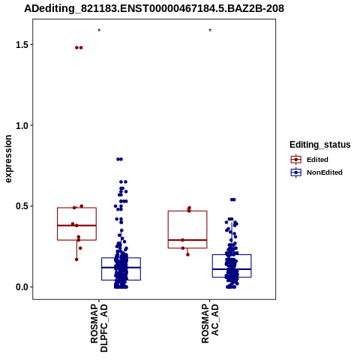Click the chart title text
pyautogui.click(x=154, y=8)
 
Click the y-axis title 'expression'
pyautogui.click(x=8, y=159)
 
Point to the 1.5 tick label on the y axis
pyautogui.click(x=21, y=45)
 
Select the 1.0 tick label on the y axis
pyautogui.click(x=21, y=125)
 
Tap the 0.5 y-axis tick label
pyautogui.click(x=21, y=206)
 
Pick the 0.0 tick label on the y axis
pyautogui.click(x=21, y=287)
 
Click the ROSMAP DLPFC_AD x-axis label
pyautogui.click(x=99, y=328)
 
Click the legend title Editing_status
pyautogui.click(x=320, y=145)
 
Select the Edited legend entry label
pyautogui.click(x=317, y=160)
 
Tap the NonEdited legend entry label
pyautogui.click(x=325, y=172)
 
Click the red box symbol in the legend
pyautogui.click(x=296, y=160)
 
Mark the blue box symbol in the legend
pyautogui.click(x=296, y=172)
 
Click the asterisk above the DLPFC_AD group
pyautogui.click(x=99, y=31)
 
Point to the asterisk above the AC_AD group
pyautogui.click(x=210, y=31)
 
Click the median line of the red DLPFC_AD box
pyautogui.click(x=76, y=226)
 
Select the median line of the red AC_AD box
pyautogui.click(x=187, y=240)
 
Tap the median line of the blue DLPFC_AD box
pyautogui.click(x=121, y=268)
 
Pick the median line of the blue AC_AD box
pyautogui.click(x=232, y=269)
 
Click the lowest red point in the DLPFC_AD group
pyautogui.click(x=76, y=259)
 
